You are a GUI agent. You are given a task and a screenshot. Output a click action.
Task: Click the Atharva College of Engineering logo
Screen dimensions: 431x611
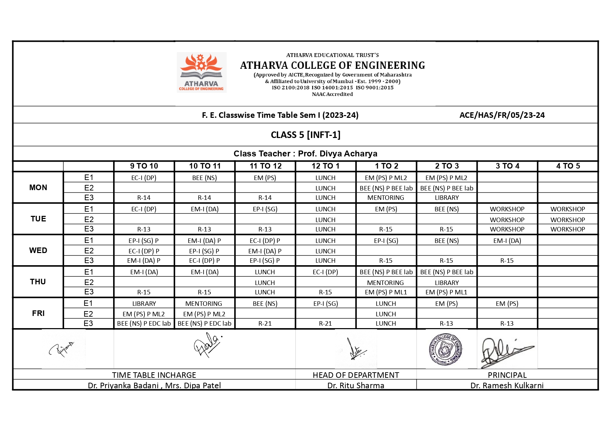click(202, 72)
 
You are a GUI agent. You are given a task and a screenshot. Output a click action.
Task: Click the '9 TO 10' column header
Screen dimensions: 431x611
click(144, 166)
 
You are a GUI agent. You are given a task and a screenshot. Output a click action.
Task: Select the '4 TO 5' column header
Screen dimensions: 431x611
click(568, 166)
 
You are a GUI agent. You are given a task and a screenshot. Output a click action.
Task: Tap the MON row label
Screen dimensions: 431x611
click(38, 188)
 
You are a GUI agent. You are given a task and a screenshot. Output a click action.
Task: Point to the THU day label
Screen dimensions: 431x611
click(38, 282)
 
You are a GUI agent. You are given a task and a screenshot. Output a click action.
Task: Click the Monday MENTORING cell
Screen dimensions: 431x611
click(386, 198)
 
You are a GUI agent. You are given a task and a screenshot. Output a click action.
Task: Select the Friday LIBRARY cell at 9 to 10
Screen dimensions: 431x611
click(144, 304)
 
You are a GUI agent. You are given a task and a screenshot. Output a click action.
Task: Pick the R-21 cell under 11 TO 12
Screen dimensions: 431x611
click(265, 324)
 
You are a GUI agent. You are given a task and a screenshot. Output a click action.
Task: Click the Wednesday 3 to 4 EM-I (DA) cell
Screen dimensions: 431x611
click(507, 241)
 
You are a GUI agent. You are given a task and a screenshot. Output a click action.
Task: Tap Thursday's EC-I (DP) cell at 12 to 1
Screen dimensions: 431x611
click(325, 272)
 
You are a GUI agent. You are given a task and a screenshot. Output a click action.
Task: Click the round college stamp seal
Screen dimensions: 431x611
click(445, 349)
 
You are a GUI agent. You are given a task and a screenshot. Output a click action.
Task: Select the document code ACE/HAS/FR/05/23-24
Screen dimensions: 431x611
click(502, 115)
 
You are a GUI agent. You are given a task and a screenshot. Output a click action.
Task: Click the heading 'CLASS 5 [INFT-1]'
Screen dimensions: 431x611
click(306, 135)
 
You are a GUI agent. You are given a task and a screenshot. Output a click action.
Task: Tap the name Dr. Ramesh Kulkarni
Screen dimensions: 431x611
click(507, 385)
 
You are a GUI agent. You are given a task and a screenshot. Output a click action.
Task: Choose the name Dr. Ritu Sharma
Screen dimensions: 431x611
click(356, 385)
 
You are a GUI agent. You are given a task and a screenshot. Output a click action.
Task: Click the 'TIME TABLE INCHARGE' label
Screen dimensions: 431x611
click(154, 375)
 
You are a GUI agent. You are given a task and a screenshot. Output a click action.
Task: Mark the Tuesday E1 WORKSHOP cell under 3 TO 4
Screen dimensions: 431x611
click(507, 209)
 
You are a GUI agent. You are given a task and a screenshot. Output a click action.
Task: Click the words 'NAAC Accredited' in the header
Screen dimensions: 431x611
click(332, 94)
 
